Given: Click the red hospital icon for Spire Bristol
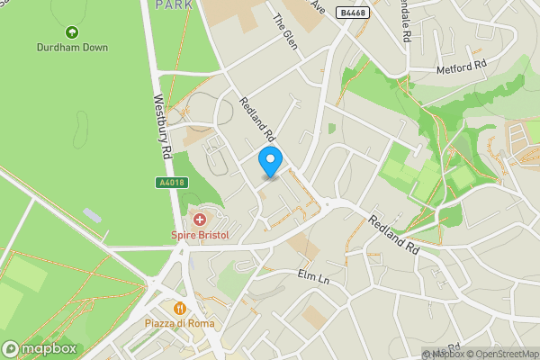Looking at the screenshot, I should tap(199, 220).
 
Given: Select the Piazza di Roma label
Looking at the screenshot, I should tap(177, 323).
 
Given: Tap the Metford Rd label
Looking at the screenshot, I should tap(460, 67).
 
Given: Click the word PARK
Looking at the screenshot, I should tap(174, 4).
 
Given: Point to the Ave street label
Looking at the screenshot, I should tap(317, 5).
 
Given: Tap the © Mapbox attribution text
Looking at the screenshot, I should tap(447, 354).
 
